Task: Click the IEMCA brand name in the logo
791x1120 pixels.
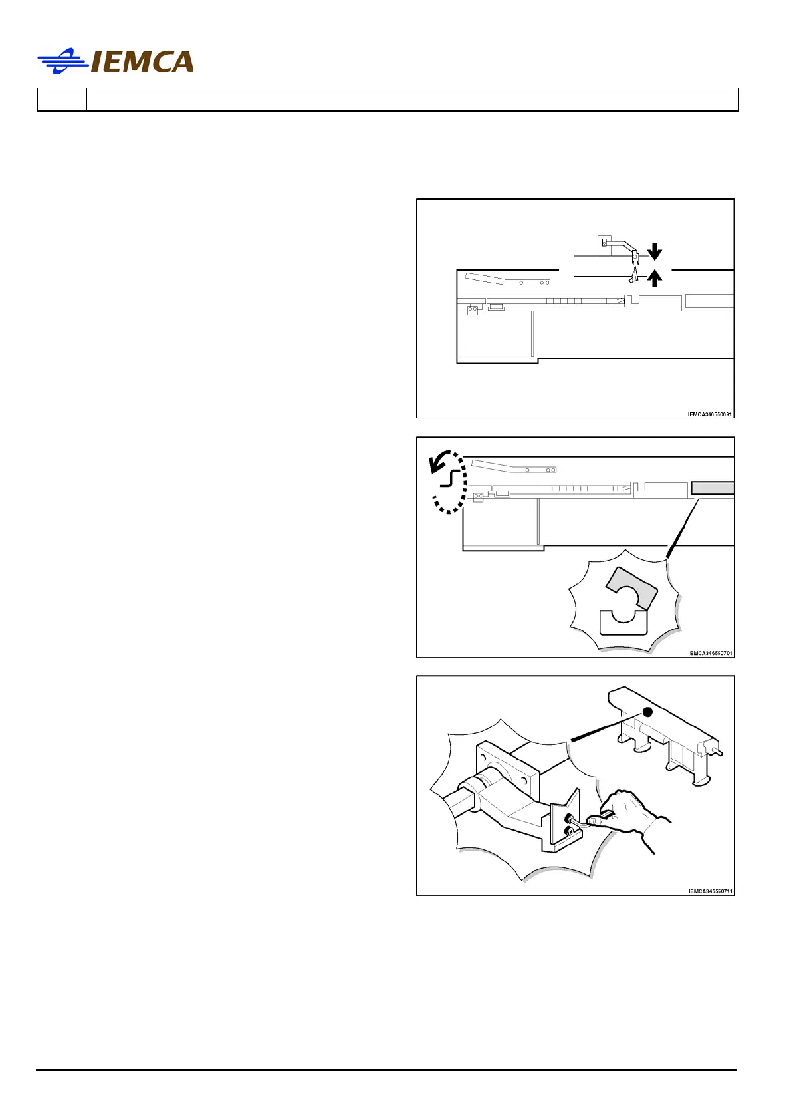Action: click(142, 62)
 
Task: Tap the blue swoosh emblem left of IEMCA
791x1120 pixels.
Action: click(63, 61)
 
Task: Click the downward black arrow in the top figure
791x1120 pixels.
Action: click(655, 251)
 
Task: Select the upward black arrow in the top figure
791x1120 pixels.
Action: click(655, 277)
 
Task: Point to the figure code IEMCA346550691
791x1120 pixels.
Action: click(709, 414)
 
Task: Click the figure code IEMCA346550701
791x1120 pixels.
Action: click(709, 653)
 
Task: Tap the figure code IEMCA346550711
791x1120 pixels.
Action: click(710, 891)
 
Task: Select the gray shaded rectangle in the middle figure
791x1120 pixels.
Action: click(713, 488)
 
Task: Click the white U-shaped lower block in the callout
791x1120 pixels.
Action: click(623, 624)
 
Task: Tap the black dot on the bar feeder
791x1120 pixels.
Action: click(648, 712)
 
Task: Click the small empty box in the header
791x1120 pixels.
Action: click(62, 100)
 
